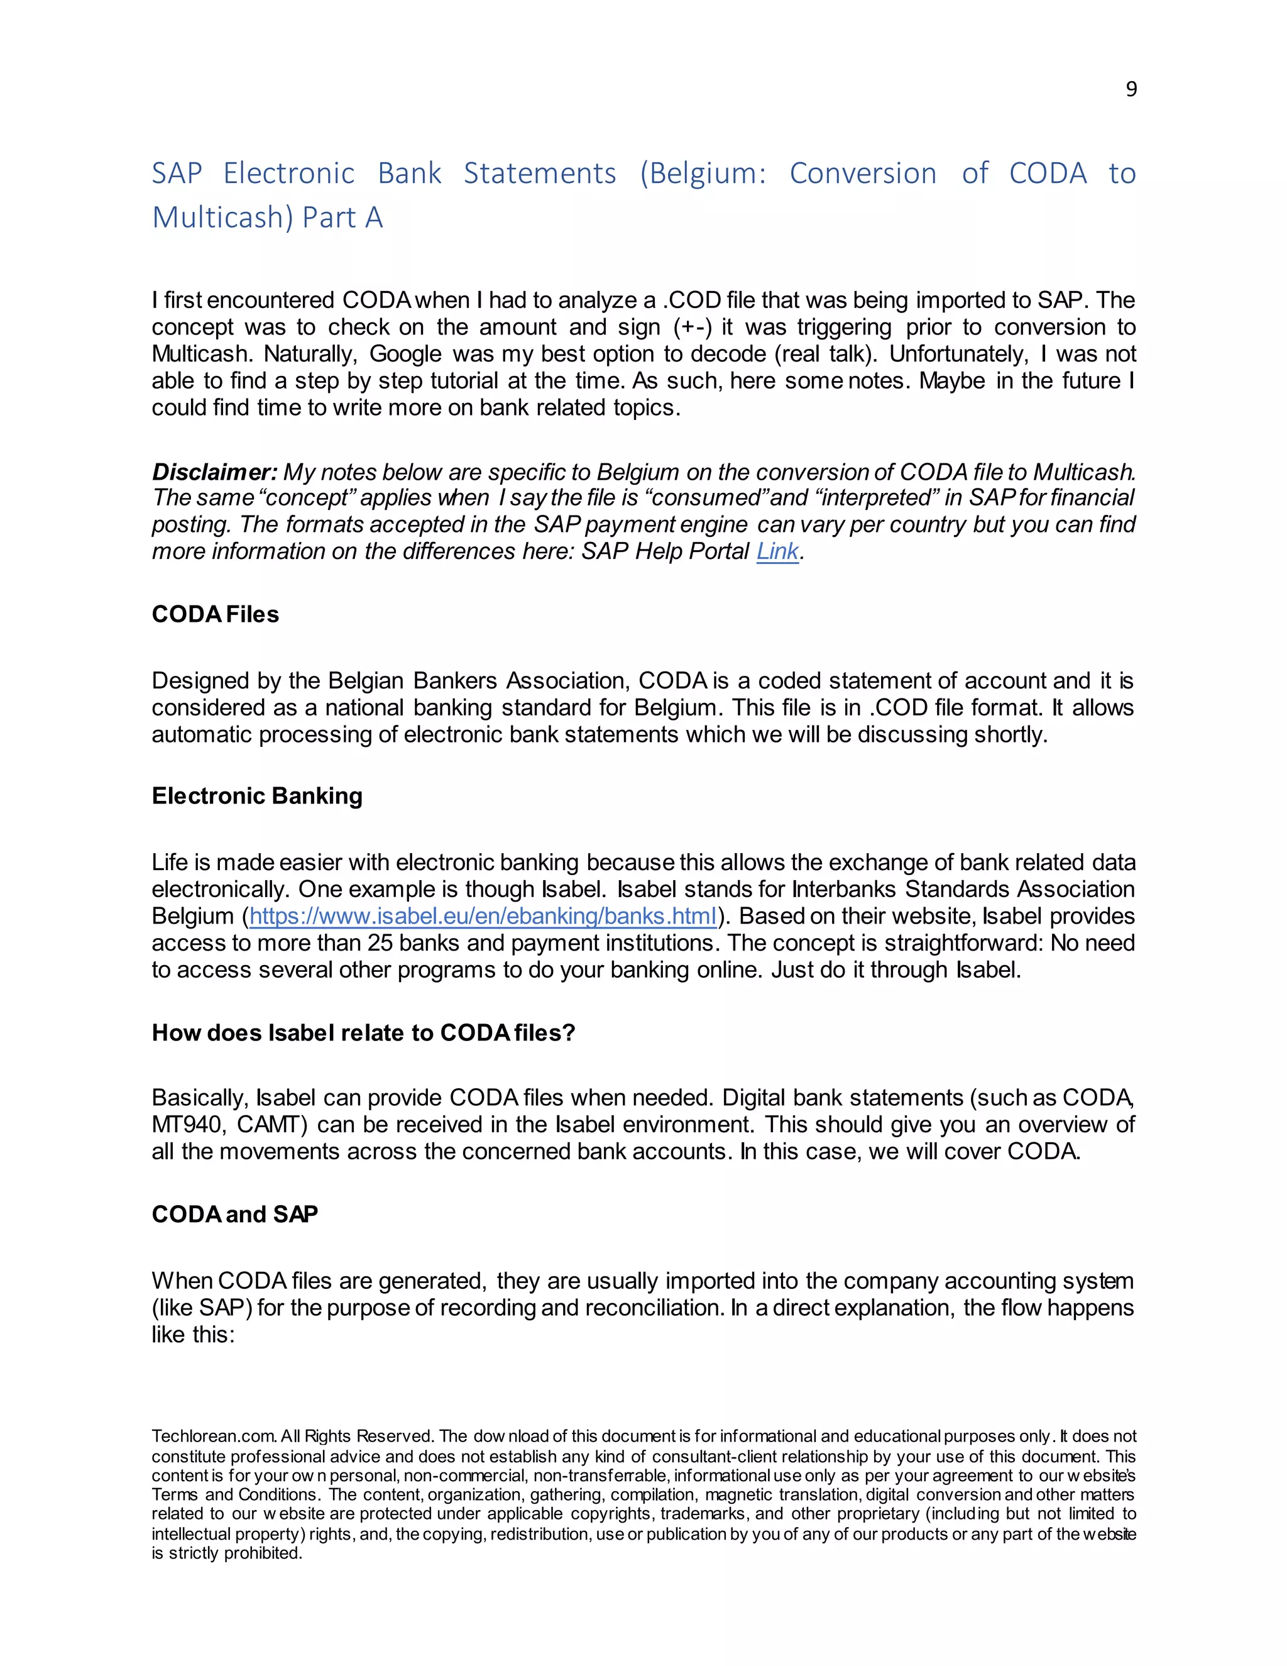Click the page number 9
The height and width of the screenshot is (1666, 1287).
(1131, 90)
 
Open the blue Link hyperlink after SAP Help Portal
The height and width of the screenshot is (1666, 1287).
(777, 551)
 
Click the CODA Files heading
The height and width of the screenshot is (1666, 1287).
(215, 614)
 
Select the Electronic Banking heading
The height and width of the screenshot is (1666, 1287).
(257, 796)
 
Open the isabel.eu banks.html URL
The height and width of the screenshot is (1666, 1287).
(483, 916)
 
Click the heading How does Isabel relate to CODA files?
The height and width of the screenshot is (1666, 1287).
(363, 1032)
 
